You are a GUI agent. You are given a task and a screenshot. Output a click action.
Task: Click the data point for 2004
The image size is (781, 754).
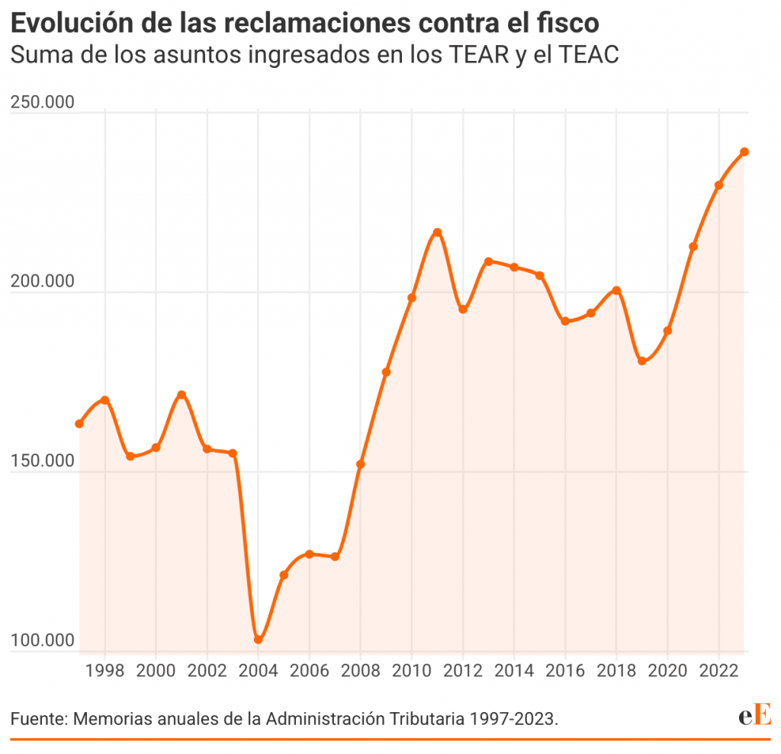pos(259,640)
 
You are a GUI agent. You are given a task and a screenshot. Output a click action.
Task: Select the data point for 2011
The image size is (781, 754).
pos(437,233)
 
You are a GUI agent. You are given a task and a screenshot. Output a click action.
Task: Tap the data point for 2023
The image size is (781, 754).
pos(744,152)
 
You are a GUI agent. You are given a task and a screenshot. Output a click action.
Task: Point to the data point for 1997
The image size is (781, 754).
pos(79,424)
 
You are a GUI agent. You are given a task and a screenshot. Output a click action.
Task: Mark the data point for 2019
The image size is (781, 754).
pos(642,361)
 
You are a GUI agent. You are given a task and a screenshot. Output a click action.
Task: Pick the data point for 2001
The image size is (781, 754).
pos(182,395)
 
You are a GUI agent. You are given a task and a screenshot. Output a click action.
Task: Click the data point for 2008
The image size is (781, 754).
pos(361,464)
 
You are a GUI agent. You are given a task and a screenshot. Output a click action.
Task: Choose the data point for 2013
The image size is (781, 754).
pos(489,261)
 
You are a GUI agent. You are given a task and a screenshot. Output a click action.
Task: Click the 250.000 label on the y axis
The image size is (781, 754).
pos(43,102)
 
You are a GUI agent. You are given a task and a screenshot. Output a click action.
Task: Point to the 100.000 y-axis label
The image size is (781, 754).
pos(43,640)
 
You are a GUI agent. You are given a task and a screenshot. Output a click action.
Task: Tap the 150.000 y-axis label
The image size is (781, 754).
pos(43,461)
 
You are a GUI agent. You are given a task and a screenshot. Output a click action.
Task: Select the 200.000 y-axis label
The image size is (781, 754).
pos(43,281)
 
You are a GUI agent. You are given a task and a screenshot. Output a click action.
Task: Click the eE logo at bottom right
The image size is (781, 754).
pos(755,716)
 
